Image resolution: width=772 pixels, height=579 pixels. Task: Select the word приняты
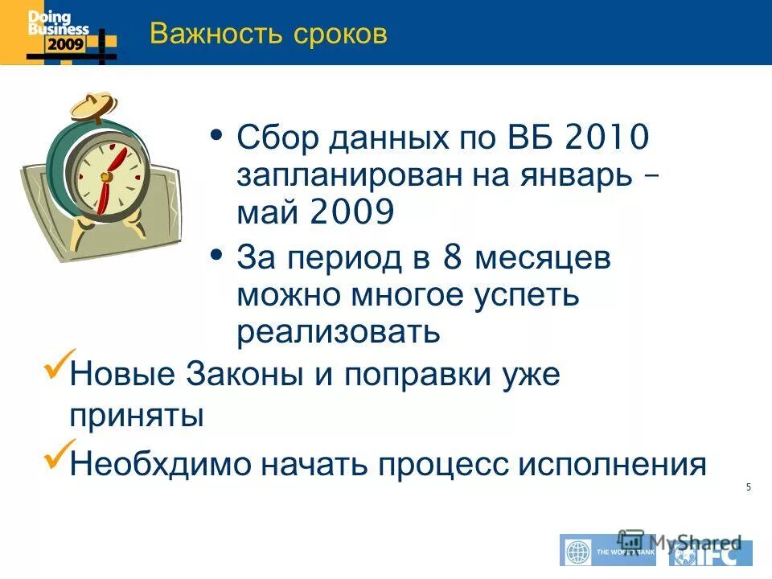point(135,417)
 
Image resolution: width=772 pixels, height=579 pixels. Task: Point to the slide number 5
point(749,487)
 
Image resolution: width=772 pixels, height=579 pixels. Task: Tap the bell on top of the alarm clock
point(89,105)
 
